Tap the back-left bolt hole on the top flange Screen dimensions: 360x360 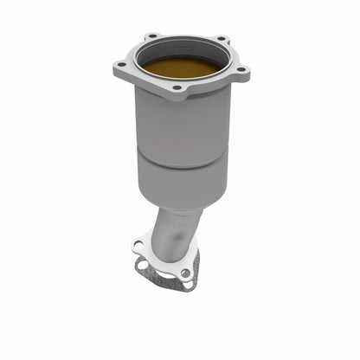pos(152,36)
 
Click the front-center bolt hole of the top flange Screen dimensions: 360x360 pos(178,87)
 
